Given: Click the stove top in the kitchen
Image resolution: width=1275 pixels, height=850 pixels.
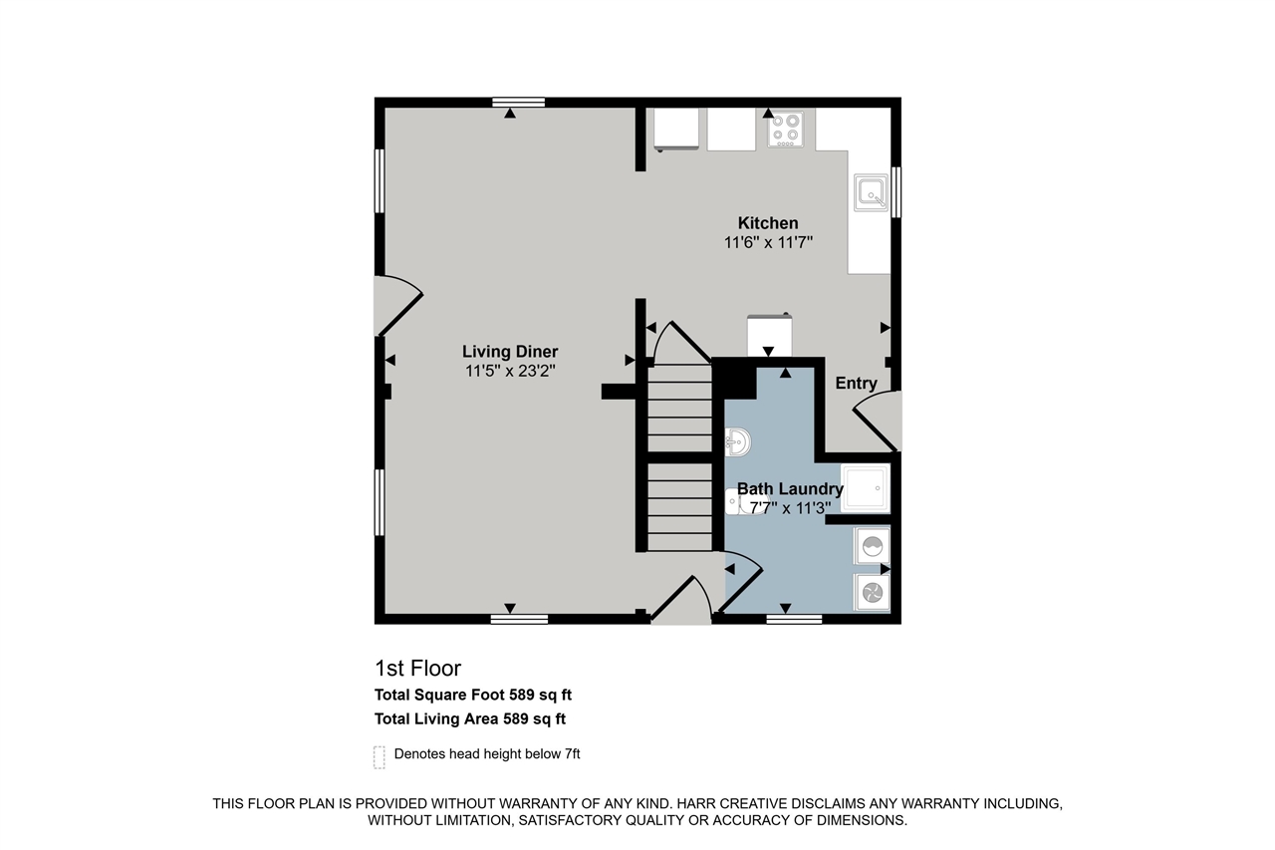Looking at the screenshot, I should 786,129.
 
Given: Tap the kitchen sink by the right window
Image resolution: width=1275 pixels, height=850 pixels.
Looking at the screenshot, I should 870,192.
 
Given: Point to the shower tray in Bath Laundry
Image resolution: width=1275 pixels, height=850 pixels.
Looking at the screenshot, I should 865,488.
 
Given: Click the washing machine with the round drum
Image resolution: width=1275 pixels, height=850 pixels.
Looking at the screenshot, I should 872,547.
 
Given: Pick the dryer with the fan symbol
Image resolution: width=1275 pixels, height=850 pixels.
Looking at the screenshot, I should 872,593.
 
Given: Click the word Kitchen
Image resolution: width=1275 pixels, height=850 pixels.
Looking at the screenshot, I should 767,223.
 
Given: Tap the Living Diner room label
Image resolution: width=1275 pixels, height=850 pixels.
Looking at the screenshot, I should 510,352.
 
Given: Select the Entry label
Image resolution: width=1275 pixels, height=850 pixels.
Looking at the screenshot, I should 856,384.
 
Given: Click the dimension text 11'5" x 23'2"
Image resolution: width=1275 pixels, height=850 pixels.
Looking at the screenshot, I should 510,371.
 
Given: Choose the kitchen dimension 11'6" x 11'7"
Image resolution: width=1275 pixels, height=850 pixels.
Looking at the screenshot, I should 768,242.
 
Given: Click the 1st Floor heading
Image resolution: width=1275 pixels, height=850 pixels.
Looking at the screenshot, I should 417,668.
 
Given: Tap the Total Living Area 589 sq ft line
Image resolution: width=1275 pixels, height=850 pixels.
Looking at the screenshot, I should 470,718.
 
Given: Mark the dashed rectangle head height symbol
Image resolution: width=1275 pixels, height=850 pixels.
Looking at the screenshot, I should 379,756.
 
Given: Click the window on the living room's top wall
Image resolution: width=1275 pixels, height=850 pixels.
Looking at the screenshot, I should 518,102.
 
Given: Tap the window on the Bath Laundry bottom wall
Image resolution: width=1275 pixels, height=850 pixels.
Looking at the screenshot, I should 794,619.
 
